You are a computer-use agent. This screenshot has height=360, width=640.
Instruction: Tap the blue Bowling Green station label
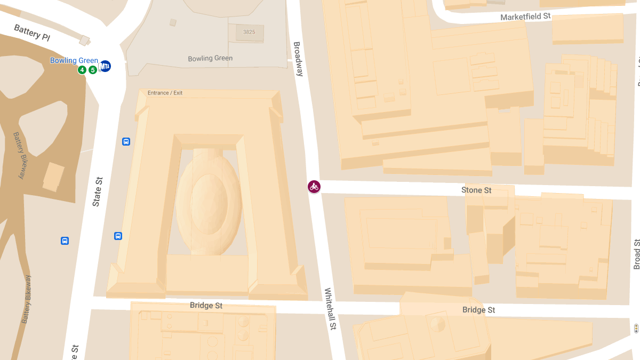click(74, 60)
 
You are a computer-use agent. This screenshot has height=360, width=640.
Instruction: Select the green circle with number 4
click(82, 70)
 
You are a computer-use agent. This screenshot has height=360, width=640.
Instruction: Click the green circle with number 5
click(92, 70)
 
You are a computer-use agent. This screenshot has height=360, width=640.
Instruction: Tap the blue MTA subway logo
click(105, 66)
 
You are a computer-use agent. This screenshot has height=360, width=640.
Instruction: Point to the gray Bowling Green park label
click(210, 59)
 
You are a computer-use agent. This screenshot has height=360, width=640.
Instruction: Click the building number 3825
click(249, 32)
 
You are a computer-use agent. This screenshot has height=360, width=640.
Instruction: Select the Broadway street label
click(298, 59)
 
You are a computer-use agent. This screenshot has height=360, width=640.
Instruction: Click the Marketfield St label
click(525, 17)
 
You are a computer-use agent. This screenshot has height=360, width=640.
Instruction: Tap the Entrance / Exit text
click(165, 93)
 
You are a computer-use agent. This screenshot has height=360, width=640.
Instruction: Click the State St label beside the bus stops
click(97, 192)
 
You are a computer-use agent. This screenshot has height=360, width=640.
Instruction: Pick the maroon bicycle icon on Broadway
click(314, 187)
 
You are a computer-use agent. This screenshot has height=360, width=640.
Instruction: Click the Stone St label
click(476, 190)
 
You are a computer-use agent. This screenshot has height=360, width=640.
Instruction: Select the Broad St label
click(636, 254)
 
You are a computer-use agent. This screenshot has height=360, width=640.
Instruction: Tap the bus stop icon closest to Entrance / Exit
click(126, 141)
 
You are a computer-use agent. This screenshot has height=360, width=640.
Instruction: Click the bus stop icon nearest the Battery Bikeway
click(65, 241)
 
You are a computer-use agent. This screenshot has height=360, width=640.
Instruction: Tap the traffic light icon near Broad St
click(636, 328)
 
